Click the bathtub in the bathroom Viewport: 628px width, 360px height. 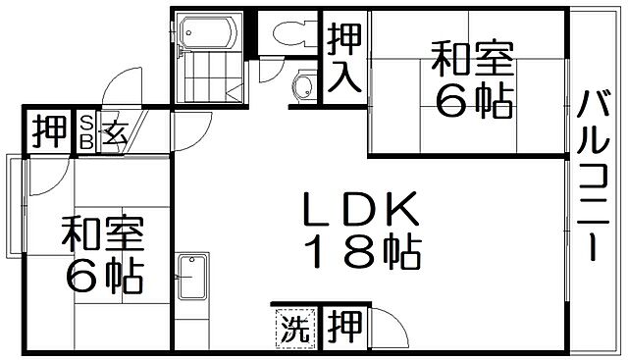pyautogui.click(x=207, y=33)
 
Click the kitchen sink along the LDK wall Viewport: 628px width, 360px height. pyautogui.click(x=193, y=279)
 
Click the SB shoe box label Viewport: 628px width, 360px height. pyautogui.click(x=86, y=130)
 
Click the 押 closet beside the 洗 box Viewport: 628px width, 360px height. pyautogui.click(x=342, y=325)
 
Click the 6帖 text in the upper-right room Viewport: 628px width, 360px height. pyautogui.click(x=474, y=102)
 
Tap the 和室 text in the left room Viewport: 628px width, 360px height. pyautogui.click(x=103, y=235)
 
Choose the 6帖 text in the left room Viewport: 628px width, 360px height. pyautogui.click(x=103, y=279)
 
